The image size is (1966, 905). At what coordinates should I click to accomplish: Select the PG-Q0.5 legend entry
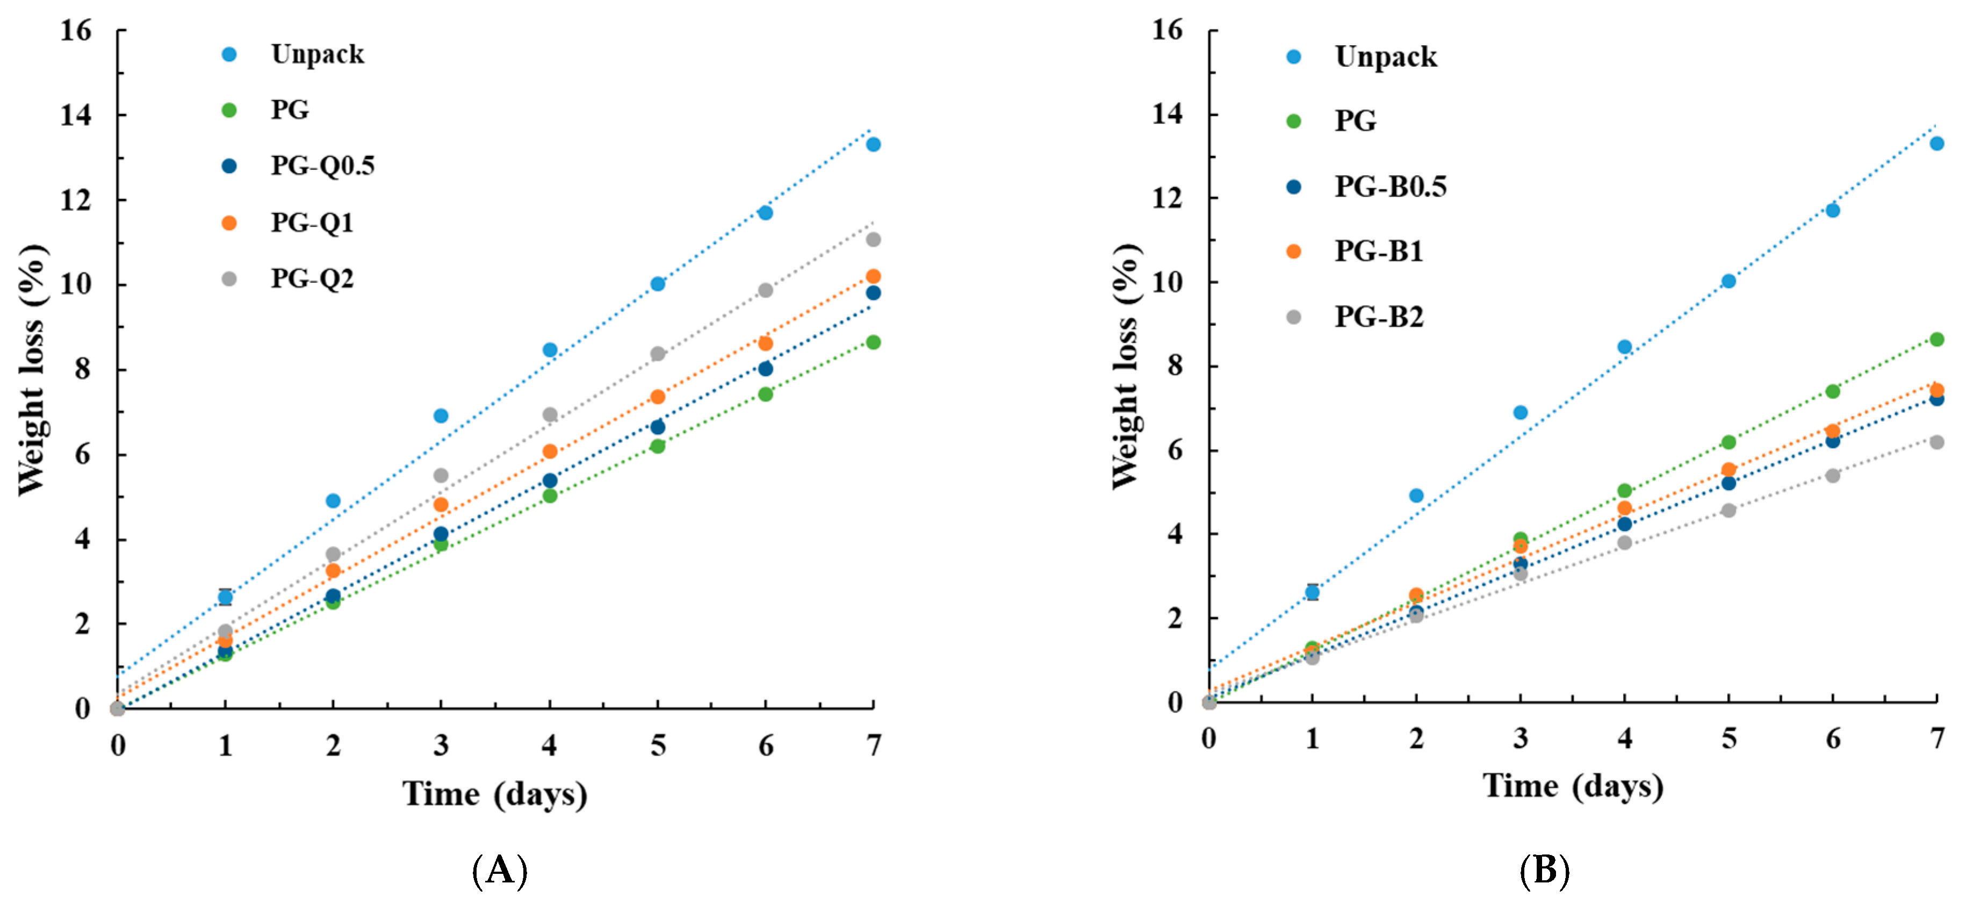(x=322, y=166)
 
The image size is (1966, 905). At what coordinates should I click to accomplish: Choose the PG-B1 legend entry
(x=1378, y=251)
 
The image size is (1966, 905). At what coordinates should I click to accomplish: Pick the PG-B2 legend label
(x=1378, y=317)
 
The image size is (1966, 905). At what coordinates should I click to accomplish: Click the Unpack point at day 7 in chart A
(x=873, y=144)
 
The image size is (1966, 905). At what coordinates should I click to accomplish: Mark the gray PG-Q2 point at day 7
(x=873, y=240)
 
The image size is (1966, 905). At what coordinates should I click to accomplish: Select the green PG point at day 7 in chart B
(x=1936, y=340)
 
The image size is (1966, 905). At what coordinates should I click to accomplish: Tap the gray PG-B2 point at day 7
(x=1936, y=442)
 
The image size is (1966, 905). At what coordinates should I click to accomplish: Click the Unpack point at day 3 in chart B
(x=1520, y=412)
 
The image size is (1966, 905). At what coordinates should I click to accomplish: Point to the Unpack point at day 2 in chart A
(x=333, y=500)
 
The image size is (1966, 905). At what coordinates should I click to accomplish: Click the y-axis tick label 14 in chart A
(x=76, y=115)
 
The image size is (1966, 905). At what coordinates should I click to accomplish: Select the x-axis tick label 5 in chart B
(x=1729, y=738)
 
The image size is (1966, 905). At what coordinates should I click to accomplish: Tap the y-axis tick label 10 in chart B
(x=1167, y=282)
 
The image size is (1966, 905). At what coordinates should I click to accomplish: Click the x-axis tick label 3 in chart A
(x=441, y=745)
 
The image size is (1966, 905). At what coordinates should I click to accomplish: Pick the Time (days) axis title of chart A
(x=494, y=794)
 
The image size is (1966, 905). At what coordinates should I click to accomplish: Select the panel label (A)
(x=499, y=870)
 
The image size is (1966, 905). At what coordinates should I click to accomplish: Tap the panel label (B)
(x=1544, y=870)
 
